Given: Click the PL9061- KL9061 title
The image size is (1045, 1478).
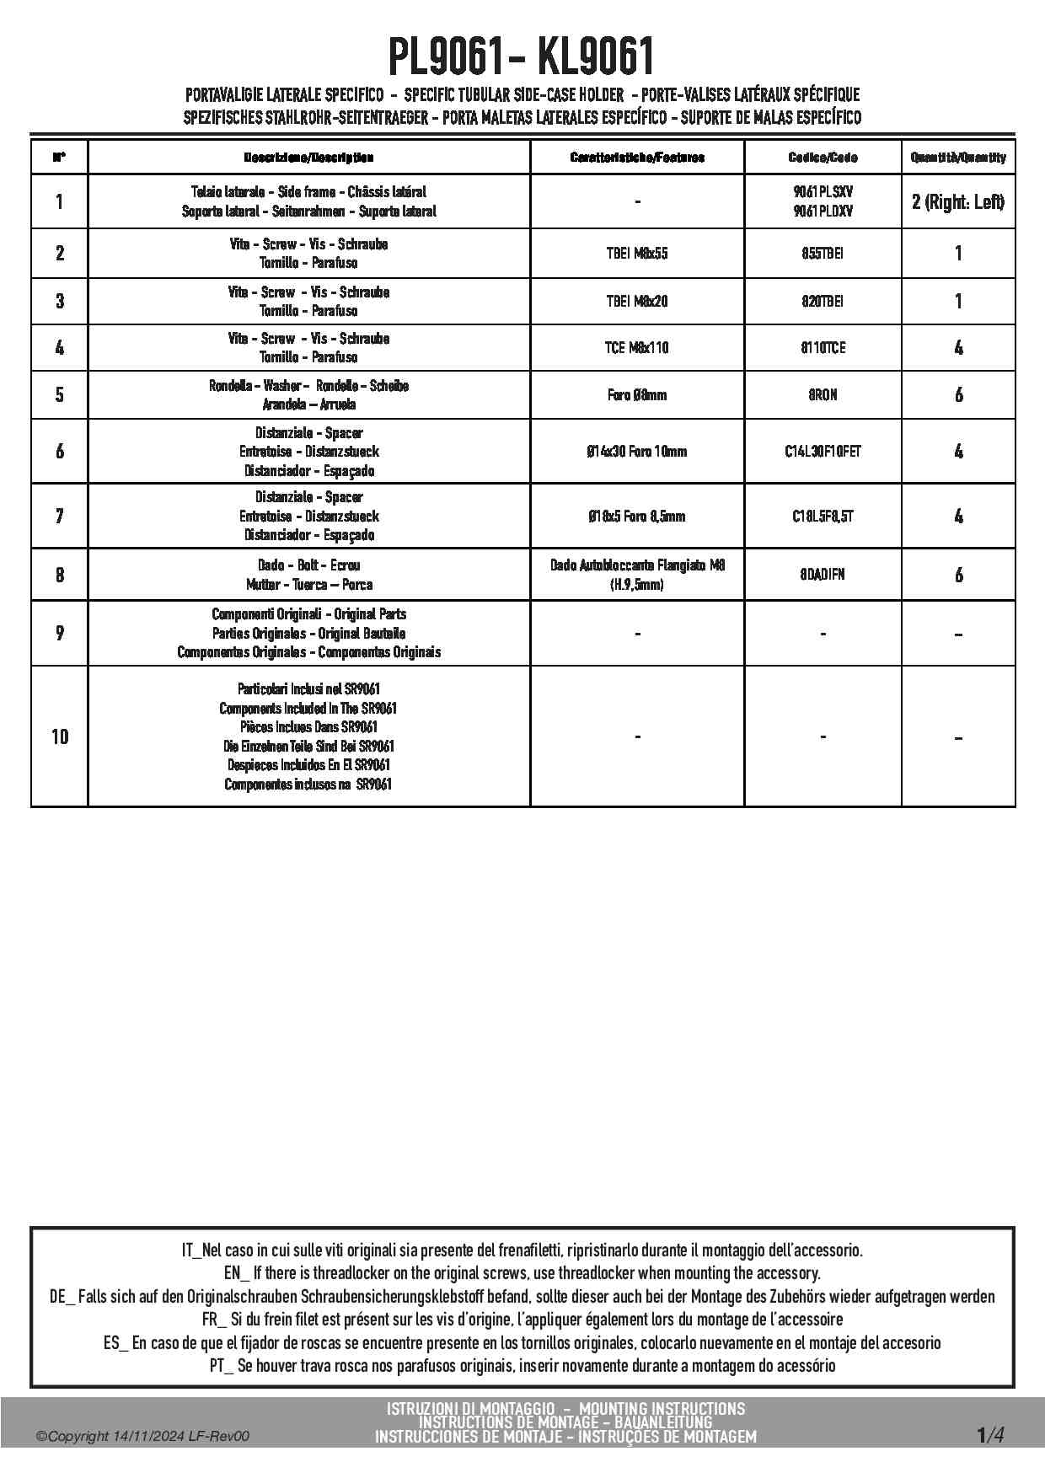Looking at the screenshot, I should pos(522,58).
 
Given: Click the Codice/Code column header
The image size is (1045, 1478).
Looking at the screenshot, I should pos(823,158).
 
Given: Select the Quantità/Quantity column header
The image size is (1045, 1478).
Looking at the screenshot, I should pos(958,158).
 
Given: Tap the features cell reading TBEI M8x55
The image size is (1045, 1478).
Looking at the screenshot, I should pos(637,254).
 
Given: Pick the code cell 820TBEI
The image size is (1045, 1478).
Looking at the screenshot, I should pos(823,302).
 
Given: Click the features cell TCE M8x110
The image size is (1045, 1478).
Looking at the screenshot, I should pos(637,348).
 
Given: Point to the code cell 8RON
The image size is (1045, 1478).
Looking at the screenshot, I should pos(823,395).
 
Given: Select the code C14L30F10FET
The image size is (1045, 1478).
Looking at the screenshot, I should pos(823,452).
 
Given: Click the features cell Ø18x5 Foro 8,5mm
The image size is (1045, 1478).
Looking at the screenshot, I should pos(637,517).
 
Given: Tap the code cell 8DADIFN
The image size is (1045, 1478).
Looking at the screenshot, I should pos(823,575).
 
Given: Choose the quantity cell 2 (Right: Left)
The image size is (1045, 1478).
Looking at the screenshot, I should pos(958,202).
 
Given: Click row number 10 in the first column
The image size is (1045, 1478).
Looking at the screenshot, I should pos(60,737).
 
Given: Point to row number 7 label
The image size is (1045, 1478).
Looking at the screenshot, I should pos(60,517).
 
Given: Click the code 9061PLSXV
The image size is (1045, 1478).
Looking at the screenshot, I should pos(823,192).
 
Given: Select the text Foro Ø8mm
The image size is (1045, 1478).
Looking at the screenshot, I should pos(637,395).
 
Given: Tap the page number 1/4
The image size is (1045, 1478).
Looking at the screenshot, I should pos(990,1435).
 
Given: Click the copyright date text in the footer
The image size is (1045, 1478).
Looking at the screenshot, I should pos(143,1437).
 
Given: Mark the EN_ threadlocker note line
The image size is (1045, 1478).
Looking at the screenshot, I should pos(522,1273).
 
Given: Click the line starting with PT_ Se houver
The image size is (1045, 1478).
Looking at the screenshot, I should pos(522,1366).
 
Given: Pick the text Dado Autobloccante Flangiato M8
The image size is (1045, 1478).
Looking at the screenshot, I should pos(637,565).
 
